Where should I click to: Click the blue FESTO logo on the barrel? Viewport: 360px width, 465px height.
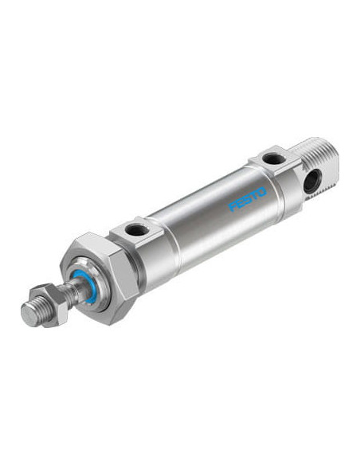pos(248,199)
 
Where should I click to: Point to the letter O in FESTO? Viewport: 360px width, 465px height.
pos(261,192)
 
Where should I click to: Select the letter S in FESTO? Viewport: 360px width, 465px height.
pos(247,199)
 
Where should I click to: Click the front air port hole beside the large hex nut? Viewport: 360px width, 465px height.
pos(135,229)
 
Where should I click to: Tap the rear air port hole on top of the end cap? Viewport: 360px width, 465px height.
pos(274,158)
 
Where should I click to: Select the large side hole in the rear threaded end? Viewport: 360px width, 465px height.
pos(312,181)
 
